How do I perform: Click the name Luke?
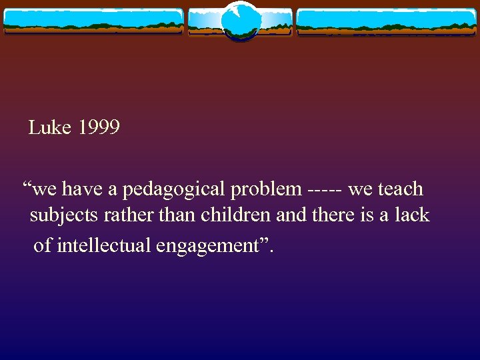click(x=50, y=127)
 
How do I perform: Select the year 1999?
click(x=99, y=127)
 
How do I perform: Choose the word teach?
click(x=400, y=189)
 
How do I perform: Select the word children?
click(x=209, y=215)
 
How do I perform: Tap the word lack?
click(x=412, y=215)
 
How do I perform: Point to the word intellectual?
click(x=105, y=245)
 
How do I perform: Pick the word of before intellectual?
click(x=42, y=245)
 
